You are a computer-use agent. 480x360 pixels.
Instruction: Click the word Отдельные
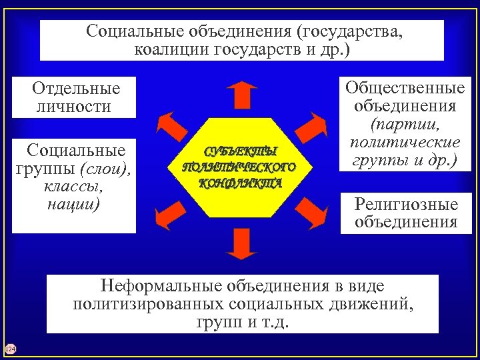[76, 88]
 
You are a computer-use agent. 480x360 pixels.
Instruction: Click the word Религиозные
[407, 204]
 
